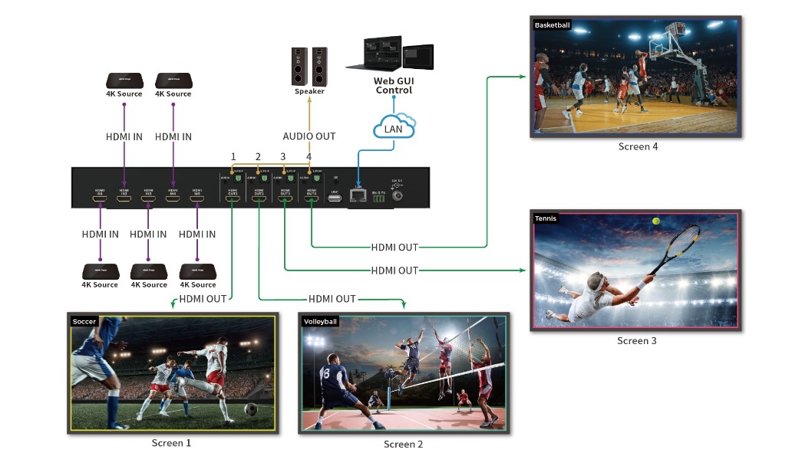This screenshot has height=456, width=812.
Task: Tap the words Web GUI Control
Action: tap(393, 85)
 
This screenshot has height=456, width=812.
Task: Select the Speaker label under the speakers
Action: tap(309, 92)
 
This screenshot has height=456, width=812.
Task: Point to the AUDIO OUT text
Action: tap(309, 136)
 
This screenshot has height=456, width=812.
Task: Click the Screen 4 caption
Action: tap(638, 146)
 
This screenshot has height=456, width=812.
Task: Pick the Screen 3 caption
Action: tap(636, 340)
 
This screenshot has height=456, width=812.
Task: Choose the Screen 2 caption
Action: tap(403, 445)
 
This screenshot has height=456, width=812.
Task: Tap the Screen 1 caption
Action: tap(171, 443)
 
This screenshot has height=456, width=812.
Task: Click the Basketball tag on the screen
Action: tap(552, 25)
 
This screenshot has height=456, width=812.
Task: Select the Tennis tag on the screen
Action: tap(546, 218)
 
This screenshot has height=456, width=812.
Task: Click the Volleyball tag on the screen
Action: tap(320, 321)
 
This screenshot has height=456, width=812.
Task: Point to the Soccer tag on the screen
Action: tap(84, 321)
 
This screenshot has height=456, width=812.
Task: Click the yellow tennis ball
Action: tap(656, 221)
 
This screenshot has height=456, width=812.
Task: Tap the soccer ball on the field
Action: tap(250, 409)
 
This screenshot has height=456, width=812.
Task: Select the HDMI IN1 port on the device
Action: tap(99, 198)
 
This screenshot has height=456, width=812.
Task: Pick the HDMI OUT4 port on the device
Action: tap(311, 198)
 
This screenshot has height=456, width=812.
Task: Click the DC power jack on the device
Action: tap(399, 196)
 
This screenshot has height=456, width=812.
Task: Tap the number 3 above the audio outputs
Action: tap(282, 157)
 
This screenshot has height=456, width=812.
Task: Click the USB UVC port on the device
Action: tap(335, 198)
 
